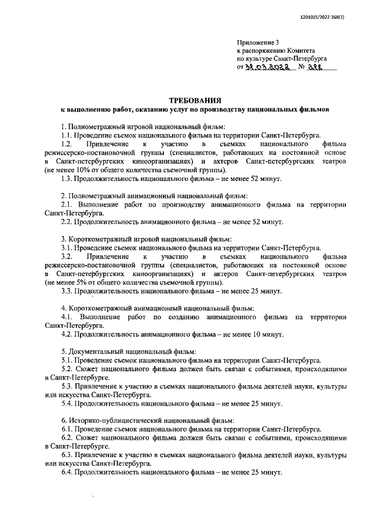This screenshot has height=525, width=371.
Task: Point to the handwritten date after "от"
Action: point(267,67)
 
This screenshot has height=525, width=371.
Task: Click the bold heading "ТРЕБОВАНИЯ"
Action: point(195,100)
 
